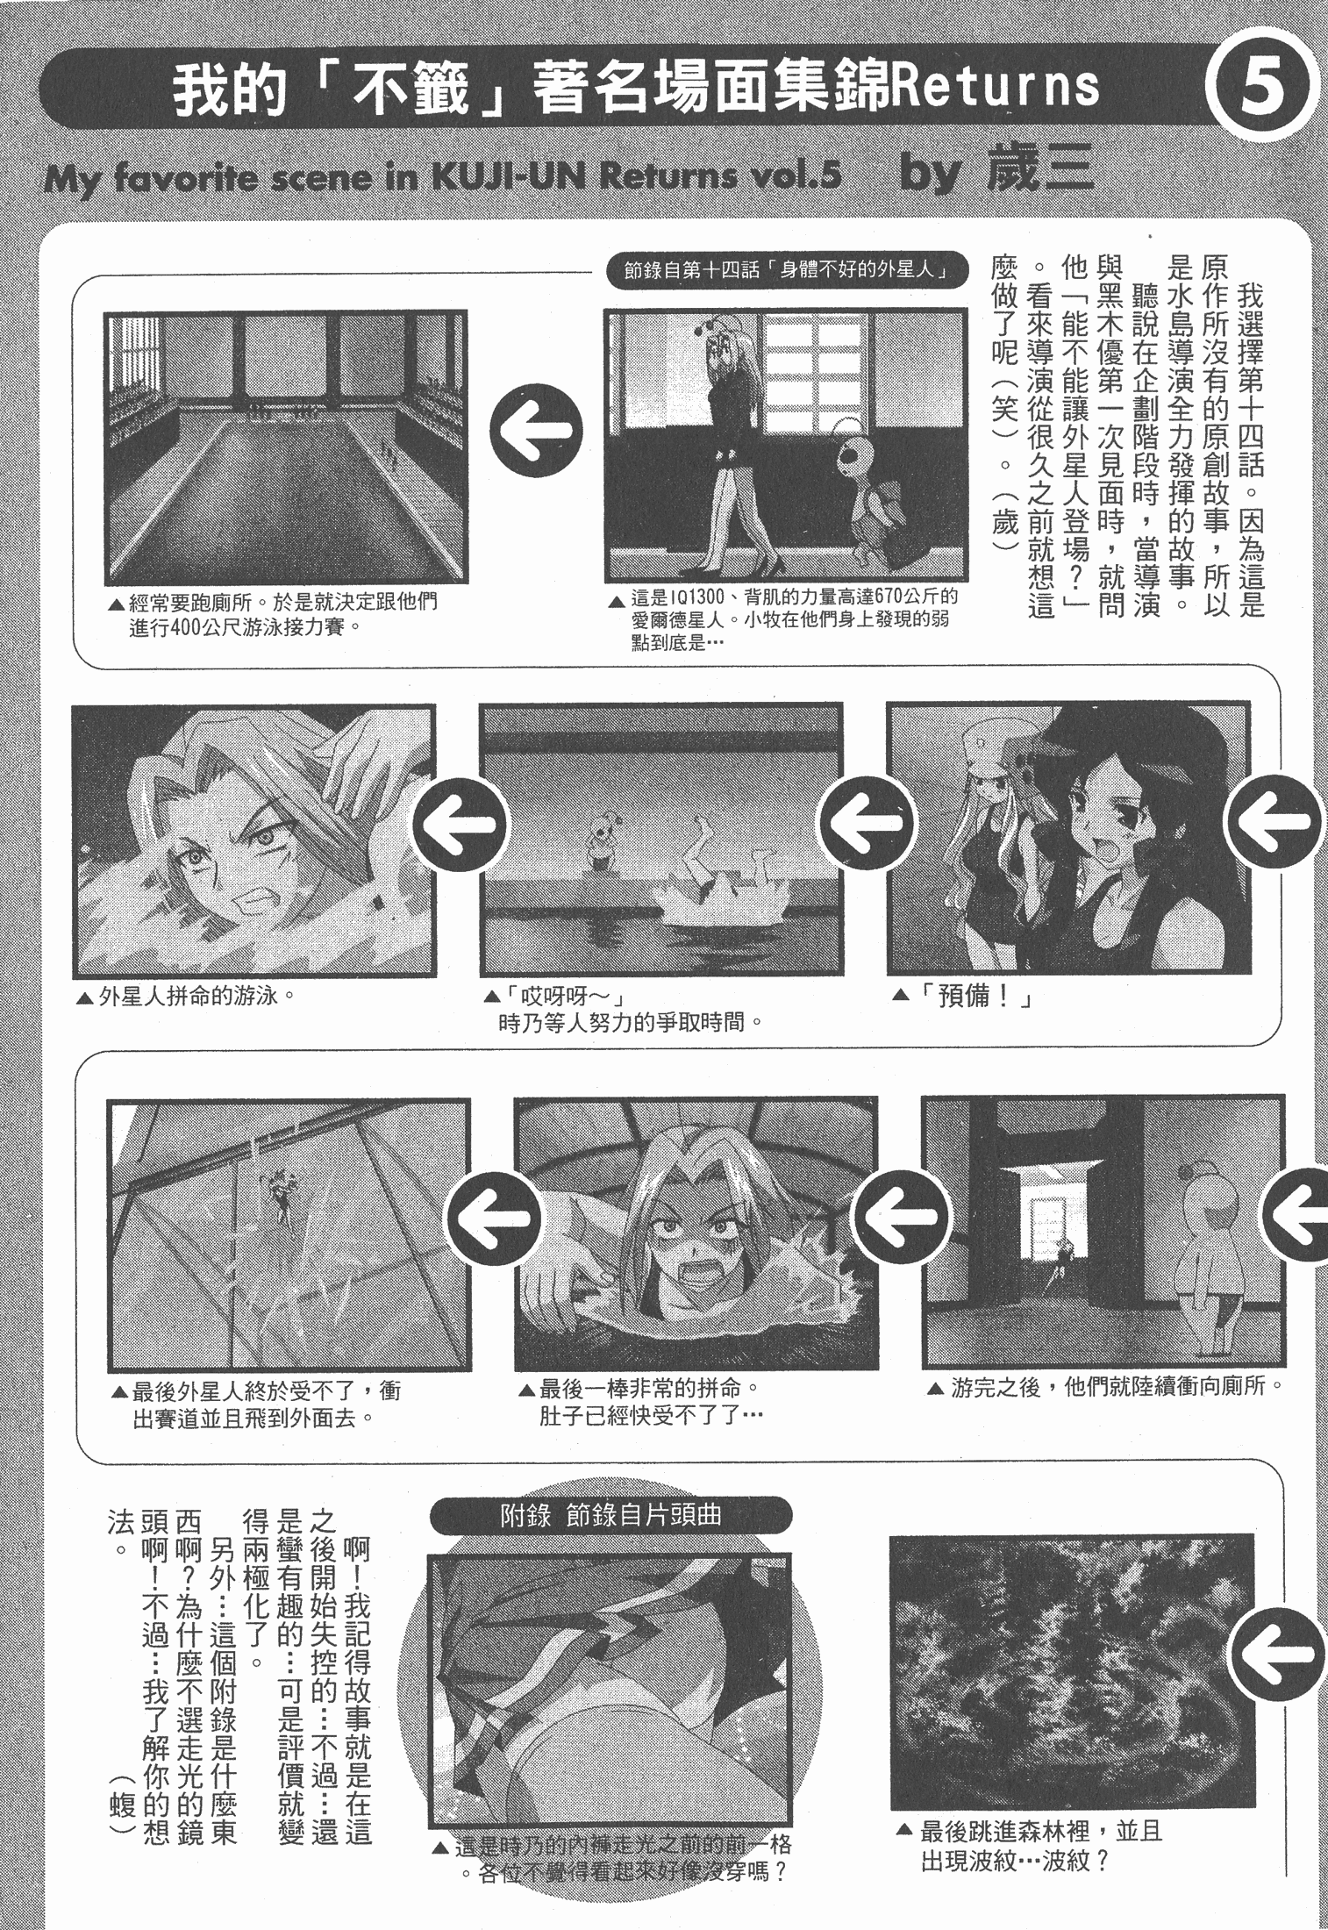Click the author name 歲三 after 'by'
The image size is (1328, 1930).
tap(1041, 171)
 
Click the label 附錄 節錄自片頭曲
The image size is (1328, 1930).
tap(611, 1515)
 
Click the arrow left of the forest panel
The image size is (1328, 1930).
tap(1280, 1655)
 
